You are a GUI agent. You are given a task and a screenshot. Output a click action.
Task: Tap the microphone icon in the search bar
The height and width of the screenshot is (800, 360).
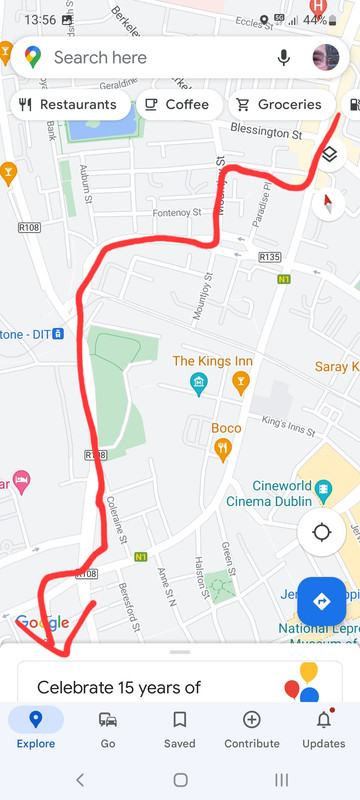pyautogui.click(x=284, y=58)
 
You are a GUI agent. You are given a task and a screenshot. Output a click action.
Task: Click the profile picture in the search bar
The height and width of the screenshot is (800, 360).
pyautogui.click(x=325, y=58)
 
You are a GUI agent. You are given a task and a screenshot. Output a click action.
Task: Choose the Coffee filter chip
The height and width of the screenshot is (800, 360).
pyautogui.click(x=176, y=104)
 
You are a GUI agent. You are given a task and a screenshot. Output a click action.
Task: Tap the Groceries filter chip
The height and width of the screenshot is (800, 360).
pyautogui.click(x=279, y=104)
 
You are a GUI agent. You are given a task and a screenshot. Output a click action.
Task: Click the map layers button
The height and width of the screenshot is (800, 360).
pyautogui.click(x=329, y=154)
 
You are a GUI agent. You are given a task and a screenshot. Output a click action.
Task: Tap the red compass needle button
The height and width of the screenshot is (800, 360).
pyautogui.click(x=328, y=203)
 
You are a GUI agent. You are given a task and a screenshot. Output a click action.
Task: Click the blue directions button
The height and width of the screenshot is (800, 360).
pyautogui.click(x=321, y=601)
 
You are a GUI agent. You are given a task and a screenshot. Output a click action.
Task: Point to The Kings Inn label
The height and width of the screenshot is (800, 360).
pyautogui.click(x=213, y=361)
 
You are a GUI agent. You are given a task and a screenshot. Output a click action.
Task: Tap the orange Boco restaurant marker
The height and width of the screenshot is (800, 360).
pyautogui.click(x=224, y=450)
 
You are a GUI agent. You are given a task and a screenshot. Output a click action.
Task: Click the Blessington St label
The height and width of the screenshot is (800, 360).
pyautogui.click(x=266, y=132)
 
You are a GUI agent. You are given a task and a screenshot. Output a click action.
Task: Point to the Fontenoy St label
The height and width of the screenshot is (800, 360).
pyautogui.click(x=177, y=213)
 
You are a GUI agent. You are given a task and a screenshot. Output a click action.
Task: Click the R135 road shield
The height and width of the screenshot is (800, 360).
pyautogui.click(x=269, y=257)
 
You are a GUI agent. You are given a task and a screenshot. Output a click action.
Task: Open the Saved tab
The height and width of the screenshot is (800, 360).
pyautogui.click(x=180, y=728)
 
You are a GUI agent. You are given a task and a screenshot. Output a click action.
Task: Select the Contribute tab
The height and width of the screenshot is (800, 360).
pyautogui.click(x=252, y=728)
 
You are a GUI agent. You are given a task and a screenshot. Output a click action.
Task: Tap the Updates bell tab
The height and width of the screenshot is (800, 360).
pyautogui.click(x=324, y=728)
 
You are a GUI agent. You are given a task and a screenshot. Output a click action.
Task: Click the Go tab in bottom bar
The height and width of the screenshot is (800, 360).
pyautogui.click(x=108, y=728)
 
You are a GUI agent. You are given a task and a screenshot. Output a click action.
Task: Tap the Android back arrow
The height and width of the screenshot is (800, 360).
pyautogui.click(x=80, y=780)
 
